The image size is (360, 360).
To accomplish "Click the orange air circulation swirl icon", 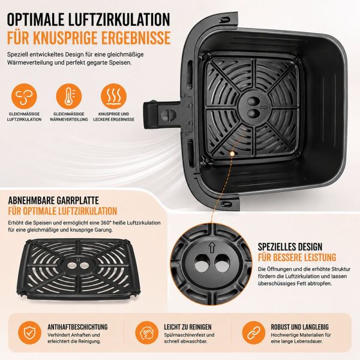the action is click(24, 96).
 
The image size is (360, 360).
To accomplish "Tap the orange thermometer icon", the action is click(69, 96).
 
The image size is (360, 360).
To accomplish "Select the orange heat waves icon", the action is click(113, 96).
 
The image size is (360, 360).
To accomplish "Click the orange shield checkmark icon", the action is click(29, 332).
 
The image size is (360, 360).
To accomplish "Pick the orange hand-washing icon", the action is click(147, 332).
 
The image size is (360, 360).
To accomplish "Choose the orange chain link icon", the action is click(254, 332).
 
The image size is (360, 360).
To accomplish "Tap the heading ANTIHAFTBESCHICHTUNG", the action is click(77, 327).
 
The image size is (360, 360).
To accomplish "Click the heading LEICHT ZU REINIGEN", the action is click(188, 327).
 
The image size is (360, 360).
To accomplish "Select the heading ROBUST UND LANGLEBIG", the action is click(299, 327).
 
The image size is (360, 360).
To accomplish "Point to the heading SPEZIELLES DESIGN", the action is click(290, 247).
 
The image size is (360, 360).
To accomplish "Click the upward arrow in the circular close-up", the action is click(212, 248).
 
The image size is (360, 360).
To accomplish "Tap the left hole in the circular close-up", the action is click(202, 263).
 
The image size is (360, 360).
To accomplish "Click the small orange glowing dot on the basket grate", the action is click(232, 153).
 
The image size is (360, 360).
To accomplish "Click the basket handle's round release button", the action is click(169, 114).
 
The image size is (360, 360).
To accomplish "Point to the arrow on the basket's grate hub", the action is click(264, 107).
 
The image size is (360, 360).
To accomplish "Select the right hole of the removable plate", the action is click(84, 266).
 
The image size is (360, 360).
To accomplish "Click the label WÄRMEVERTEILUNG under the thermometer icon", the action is click(69, 119).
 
